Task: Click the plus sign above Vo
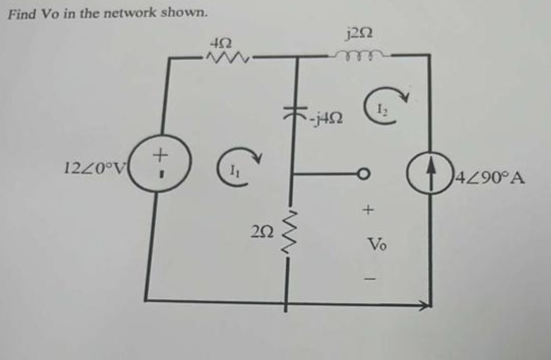point(369,211)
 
